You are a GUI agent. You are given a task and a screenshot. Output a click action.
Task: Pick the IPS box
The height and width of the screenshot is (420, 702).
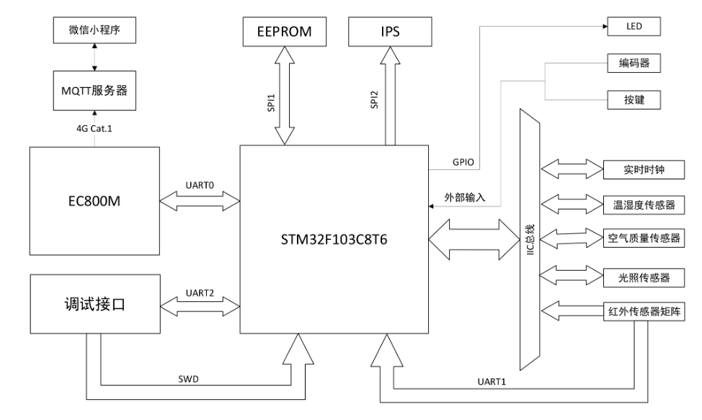[x=391, y=32]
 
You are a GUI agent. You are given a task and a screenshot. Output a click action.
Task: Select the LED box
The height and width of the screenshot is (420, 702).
[x=634, y=27]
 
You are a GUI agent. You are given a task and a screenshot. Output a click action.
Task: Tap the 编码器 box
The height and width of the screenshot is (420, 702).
[x=634, y=63]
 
